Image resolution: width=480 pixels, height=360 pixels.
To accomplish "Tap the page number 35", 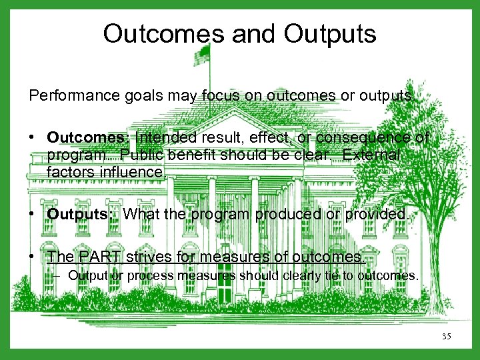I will tap(446, 337).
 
